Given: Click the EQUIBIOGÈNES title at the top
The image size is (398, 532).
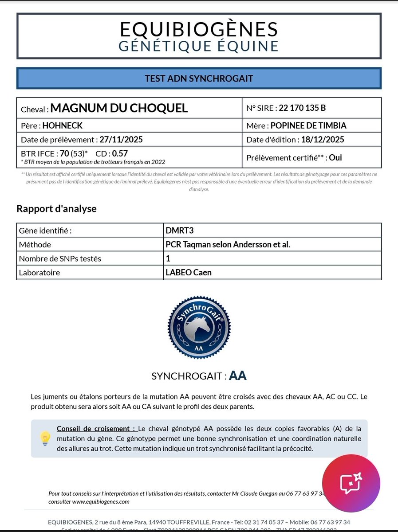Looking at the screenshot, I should (199, 29).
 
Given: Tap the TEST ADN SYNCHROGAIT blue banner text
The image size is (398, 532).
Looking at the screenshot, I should (199, 78).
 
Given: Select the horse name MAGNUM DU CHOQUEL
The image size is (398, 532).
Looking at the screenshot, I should (119, 108).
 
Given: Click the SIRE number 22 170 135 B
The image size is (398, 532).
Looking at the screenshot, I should (301, 108).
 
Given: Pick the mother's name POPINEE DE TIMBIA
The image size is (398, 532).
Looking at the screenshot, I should (308, 125).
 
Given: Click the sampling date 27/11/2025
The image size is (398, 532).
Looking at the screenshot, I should (121, 140).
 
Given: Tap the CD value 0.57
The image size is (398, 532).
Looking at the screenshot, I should (120, 154).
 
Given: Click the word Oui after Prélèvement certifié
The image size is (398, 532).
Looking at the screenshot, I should (335, 157).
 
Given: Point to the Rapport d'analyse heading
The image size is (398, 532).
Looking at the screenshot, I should (56, 208).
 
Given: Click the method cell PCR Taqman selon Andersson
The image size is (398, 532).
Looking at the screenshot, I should (228, 244).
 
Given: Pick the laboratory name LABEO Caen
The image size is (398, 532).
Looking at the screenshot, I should (188, 272).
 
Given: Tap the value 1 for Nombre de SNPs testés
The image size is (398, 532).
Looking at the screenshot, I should (168, 258).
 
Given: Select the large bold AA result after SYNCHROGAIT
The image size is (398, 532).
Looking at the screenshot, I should (238, 376).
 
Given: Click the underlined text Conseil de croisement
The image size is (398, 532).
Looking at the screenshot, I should (96, 429).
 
